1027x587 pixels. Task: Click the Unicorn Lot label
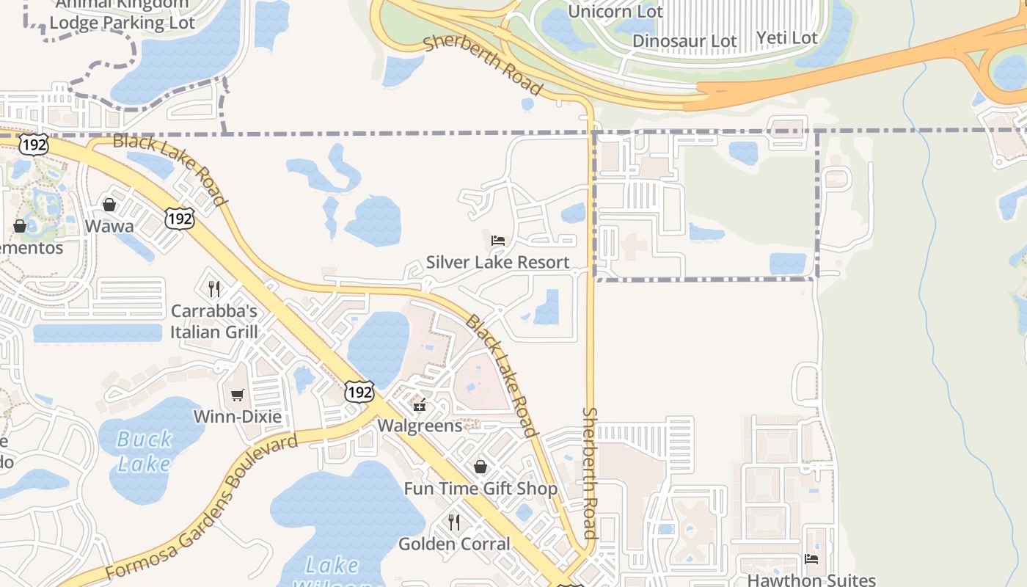(x=615, y=12)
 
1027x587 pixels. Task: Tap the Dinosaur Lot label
(x=684, y=41)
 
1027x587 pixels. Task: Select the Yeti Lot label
(x=786, y=37)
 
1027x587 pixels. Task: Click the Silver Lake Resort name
(x=497, y=262)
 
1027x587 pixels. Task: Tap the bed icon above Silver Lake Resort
(x=498, y=240)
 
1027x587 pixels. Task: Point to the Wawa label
(x=109, y=225)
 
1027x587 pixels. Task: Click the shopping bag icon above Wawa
(x=109, y=205)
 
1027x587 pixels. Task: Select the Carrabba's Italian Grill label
(x=214, y=321)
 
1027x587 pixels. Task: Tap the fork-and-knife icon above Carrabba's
(x=213, y=289)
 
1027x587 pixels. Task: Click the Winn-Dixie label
(x=237, y=417)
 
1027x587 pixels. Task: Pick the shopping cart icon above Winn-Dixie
(x=237, y=395)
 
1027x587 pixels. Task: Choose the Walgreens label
(x=420, y=426)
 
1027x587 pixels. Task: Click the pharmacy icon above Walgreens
(x=420, y=405)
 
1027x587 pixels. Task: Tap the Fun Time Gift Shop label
(x=480, y=489)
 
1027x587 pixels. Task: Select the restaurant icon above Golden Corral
(x=454, y=522)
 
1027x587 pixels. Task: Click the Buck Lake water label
(x=145, y=451)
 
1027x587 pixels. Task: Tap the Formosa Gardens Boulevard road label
(x=201, y=506)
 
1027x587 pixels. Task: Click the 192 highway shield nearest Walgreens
(x=359, y=392)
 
